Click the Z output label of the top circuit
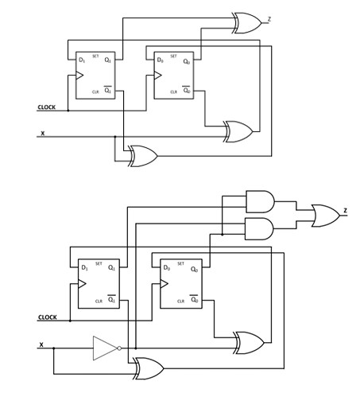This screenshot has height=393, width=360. (x=269, y=18)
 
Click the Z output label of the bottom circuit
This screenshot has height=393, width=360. (x=345, y=211)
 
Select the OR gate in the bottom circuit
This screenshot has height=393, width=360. (x=325, y=216)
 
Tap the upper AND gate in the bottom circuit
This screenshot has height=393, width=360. (x=260, y=201)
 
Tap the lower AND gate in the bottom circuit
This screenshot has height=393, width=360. (x=260, y=229)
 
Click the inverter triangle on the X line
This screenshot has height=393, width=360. (x=105, y=348)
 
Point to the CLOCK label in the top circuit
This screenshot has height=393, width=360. (x=47, y=107)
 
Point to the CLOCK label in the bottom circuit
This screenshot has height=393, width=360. (x=48, y=317)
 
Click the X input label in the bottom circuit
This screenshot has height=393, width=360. (x=41, y=344)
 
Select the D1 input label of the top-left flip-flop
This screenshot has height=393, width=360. (x=82, y=60)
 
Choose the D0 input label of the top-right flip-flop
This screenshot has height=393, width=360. (x=160, y=60)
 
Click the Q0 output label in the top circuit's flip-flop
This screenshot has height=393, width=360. (x=186, y=61)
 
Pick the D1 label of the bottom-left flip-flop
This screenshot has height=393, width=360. (x=84, y=268)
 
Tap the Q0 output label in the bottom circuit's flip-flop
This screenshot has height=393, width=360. (x=194, y=268)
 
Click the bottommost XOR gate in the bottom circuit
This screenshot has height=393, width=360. (x=149, y=368)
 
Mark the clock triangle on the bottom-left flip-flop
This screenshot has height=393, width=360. (x=83, y=283)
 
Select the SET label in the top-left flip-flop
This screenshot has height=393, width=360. (x=95, y=56)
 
